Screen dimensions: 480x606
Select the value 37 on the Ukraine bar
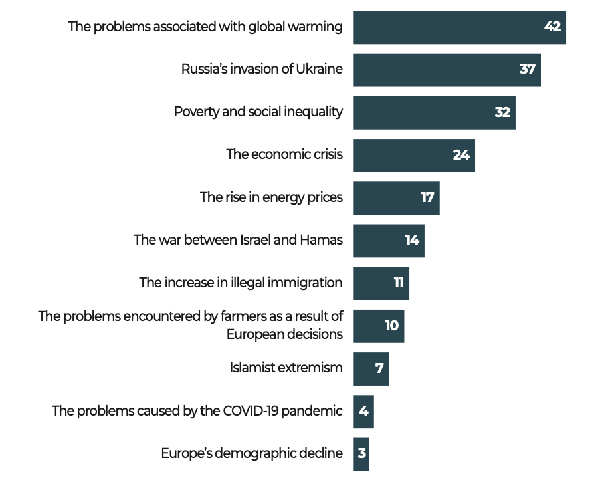(x=527, y=70)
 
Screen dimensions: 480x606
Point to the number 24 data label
(x=461, y=155)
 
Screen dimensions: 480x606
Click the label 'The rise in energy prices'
(x=271, y=197)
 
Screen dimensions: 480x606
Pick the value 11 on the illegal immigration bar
(x=399, y=283)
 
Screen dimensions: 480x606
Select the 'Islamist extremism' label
(x=286, y=368)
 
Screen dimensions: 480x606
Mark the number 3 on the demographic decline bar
(x=361, y=453)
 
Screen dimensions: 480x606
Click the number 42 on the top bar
(x=552, y=27)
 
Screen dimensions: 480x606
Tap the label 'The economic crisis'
(x=284, y=155)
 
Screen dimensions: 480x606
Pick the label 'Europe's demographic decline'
(x=252, y=453)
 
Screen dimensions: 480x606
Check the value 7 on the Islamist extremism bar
(x=379, y=368)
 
